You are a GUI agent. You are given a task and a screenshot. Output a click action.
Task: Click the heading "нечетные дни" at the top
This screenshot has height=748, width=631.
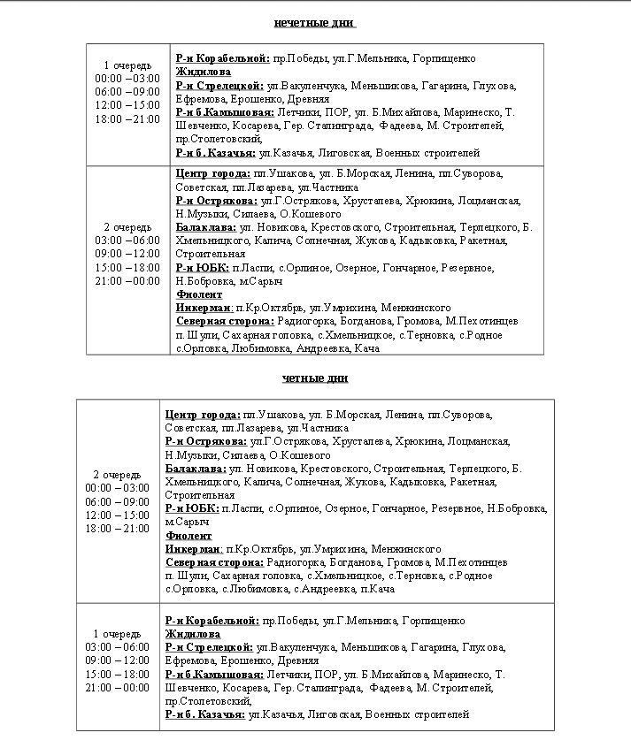coord(315,22)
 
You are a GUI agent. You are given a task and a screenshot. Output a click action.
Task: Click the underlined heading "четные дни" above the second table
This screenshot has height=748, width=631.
coord(315,378)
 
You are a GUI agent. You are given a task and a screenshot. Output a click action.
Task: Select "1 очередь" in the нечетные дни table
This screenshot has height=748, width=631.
coord(127,65)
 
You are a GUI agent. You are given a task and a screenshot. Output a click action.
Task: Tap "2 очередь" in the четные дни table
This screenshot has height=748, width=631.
coord(118,474)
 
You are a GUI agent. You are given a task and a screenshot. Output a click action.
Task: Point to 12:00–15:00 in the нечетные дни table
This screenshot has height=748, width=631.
coord(127,104)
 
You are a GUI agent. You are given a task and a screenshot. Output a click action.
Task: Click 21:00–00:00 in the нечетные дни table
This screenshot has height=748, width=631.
coord(127,280)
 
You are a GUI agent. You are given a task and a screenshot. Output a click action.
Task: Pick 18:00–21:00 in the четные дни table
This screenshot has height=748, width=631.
coord(118,528)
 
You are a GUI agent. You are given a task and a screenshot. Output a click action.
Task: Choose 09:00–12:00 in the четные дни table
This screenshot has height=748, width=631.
coord(118,660)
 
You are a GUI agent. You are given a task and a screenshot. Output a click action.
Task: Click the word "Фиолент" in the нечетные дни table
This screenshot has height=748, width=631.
coord(199,294)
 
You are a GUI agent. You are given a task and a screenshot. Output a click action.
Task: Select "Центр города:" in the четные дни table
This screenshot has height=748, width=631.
coord(203,414)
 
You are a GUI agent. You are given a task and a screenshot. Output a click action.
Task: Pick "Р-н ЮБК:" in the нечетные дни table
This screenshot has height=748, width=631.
coord(202,268)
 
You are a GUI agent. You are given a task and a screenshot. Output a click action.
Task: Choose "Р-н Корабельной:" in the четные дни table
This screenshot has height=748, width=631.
coord(212,621)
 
